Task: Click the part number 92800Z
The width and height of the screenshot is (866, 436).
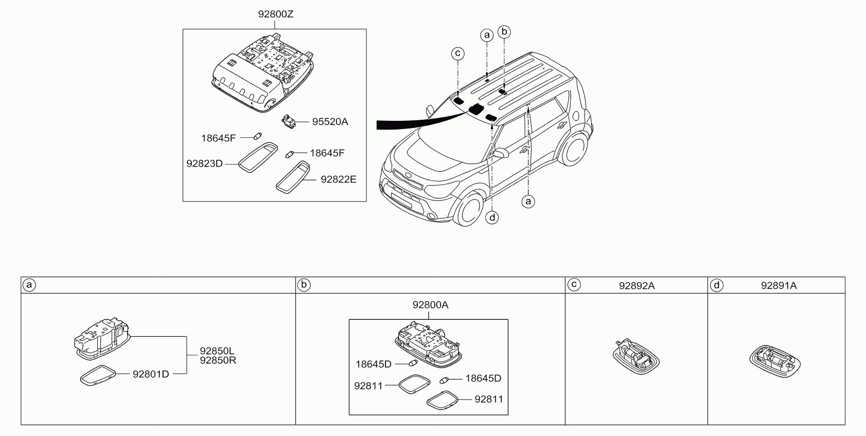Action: pos(276,14)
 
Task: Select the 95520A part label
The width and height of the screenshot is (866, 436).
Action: pos(330,122)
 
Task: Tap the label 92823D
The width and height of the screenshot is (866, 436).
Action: pos(204,164)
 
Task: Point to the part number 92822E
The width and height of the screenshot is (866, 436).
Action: pos(339,179)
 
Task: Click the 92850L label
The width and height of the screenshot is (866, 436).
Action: pos(217,351)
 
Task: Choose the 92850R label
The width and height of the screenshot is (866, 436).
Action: pos(218,360)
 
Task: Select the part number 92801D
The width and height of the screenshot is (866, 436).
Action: pos(151,374)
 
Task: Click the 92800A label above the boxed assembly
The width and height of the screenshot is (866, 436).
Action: pos(430,305)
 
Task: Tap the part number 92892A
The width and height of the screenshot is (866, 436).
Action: pos(637,286)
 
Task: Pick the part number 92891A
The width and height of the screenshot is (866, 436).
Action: pos(779,285)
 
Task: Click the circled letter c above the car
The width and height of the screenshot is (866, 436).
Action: pos(458,53)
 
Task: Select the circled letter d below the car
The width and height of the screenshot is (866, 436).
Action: pos(492,217)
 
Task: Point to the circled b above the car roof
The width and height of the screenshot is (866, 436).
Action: pos(504,32)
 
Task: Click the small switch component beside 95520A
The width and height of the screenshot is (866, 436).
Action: pos(288,121)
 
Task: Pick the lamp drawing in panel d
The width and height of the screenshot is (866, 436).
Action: pos(775,361)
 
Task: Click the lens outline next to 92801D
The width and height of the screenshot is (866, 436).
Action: pos(98,375)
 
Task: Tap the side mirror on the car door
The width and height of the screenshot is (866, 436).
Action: pos(500,153)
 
